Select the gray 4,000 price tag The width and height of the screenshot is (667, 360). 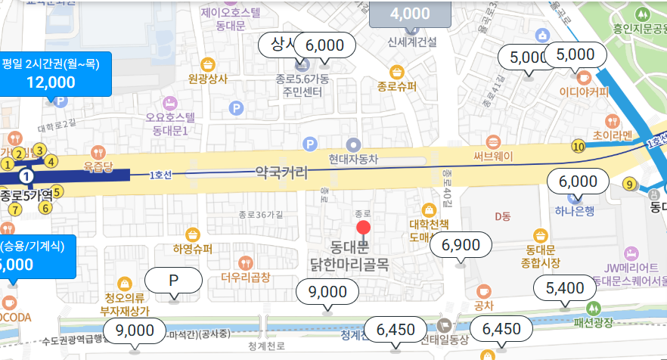coord(411,14)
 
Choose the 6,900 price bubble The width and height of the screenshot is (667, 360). coord(461,244)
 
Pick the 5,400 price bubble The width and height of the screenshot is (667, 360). coord(565,287)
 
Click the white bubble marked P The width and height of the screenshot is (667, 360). coord(173,281)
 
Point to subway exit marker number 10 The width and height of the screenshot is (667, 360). coord(579,146)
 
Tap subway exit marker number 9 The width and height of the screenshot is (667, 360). coord(629,183)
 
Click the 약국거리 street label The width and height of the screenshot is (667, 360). coord(282,172)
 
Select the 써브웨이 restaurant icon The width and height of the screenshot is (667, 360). coord(493,141)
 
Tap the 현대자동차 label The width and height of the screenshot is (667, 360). coord(353,160)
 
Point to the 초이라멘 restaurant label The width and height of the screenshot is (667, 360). coord(613,135)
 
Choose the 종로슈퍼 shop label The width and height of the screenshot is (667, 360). coord(397,87)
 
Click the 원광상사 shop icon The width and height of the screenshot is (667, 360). coord(207,64)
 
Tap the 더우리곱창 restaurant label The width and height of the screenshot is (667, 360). coord(246,278)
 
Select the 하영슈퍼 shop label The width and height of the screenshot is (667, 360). coord(192,249)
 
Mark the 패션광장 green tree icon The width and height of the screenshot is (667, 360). coord(594,309)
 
